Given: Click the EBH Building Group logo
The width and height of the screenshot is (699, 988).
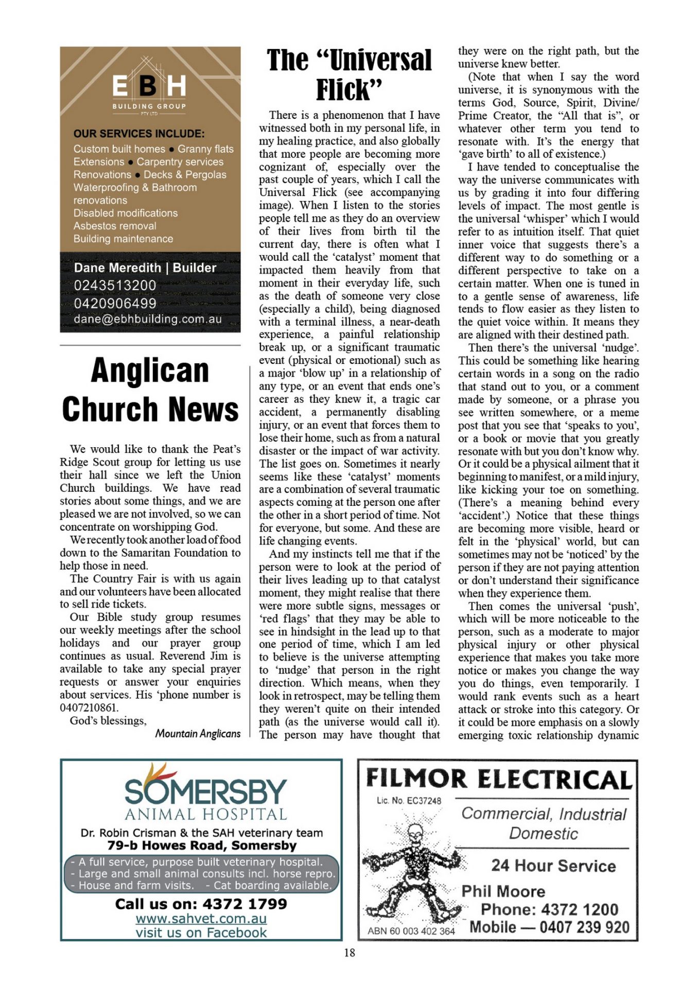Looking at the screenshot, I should point(149,87).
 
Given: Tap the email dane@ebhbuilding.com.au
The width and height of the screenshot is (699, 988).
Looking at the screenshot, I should point(148,319).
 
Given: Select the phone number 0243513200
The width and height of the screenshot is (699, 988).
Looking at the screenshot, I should point(115,285).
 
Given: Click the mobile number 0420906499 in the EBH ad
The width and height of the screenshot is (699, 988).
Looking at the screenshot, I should point(115,303).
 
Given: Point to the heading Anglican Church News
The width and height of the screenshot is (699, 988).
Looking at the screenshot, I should point(150,390).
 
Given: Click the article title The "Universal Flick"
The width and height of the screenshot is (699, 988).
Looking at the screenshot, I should point(349,75).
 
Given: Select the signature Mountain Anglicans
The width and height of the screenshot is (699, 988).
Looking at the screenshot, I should point(198,733).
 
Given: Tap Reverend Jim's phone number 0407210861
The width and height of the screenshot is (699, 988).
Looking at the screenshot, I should point(89,708).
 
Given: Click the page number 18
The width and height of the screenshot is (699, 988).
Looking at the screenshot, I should point(349,952).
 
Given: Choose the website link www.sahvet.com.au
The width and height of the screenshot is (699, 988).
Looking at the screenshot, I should point(201,919).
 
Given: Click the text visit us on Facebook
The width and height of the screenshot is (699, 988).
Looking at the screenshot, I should point(201,932).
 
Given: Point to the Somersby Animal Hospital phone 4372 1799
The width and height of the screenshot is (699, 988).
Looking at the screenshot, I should point(244,904).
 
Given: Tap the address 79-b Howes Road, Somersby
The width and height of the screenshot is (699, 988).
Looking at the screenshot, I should point(202,845).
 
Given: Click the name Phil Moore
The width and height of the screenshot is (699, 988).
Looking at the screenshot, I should point(503,891).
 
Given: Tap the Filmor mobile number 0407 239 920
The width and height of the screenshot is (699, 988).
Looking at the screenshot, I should point(584,927).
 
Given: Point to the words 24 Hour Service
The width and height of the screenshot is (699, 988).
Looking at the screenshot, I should point(553,866).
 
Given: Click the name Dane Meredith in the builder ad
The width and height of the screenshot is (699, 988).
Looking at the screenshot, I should point(117,268).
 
